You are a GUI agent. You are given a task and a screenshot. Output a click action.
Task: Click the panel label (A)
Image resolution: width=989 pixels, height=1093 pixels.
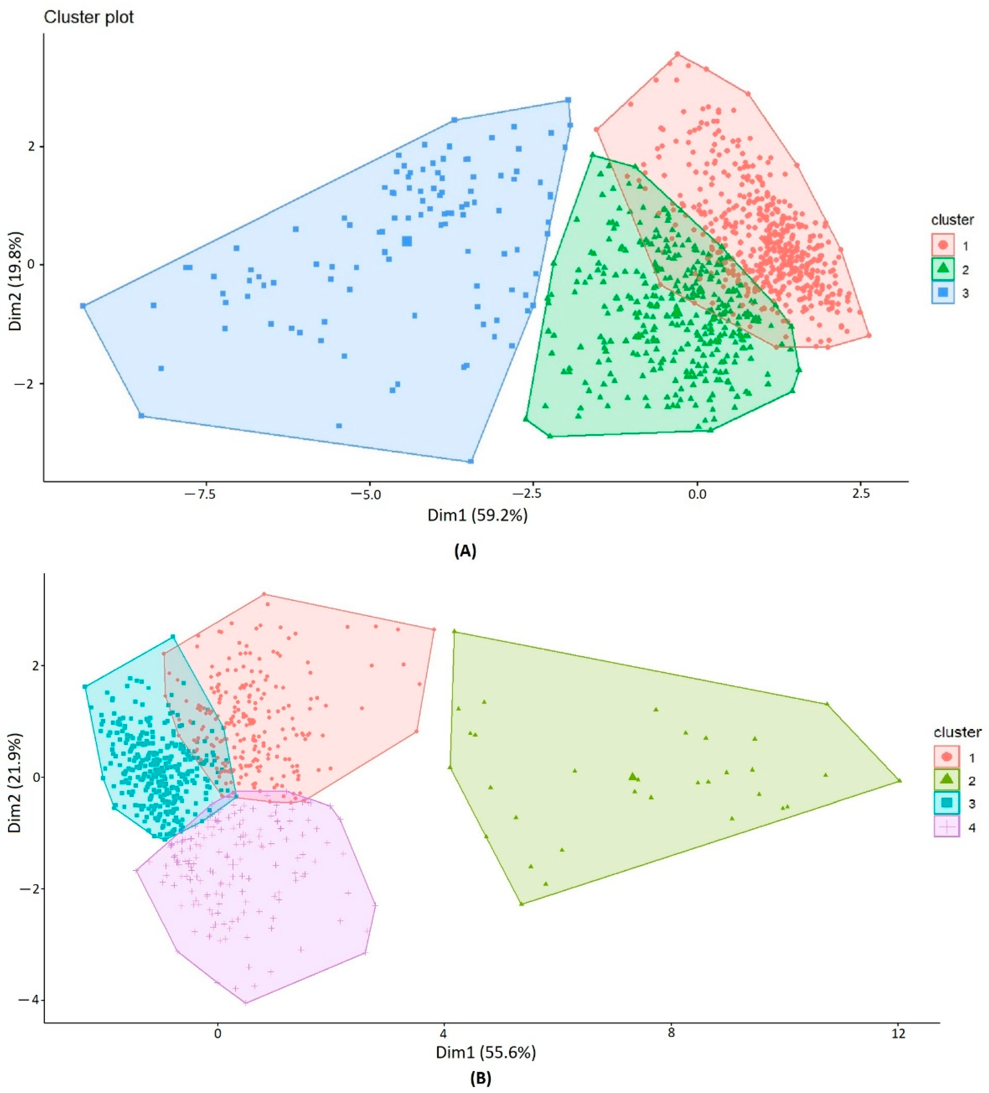click(x=465, y=551)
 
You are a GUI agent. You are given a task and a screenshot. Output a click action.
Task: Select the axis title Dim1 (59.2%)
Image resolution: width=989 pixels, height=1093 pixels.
click(x=477, y=515)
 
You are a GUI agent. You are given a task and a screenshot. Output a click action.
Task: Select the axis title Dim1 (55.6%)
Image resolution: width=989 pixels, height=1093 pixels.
click(x=485, y=1052)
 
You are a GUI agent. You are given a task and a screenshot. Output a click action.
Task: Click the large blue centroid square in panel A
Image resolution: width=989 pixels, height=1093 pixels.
click(x=407, y=241)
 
